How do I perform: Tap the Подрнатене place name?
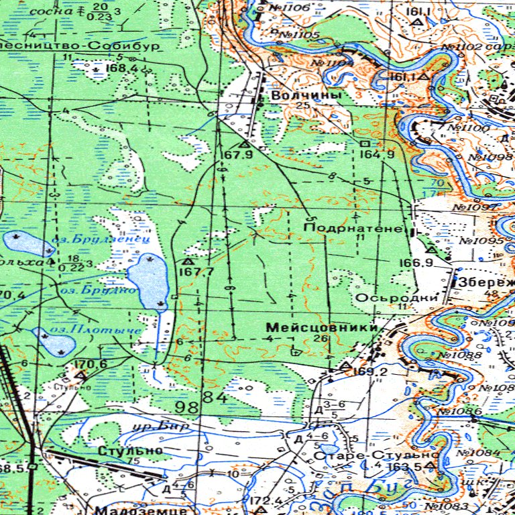click(352, 229)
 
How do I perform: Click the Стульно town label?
click(130, 451)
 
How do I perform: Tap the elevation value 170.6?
click(91, 364)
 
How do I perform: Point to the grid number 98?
click(188, 407)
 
